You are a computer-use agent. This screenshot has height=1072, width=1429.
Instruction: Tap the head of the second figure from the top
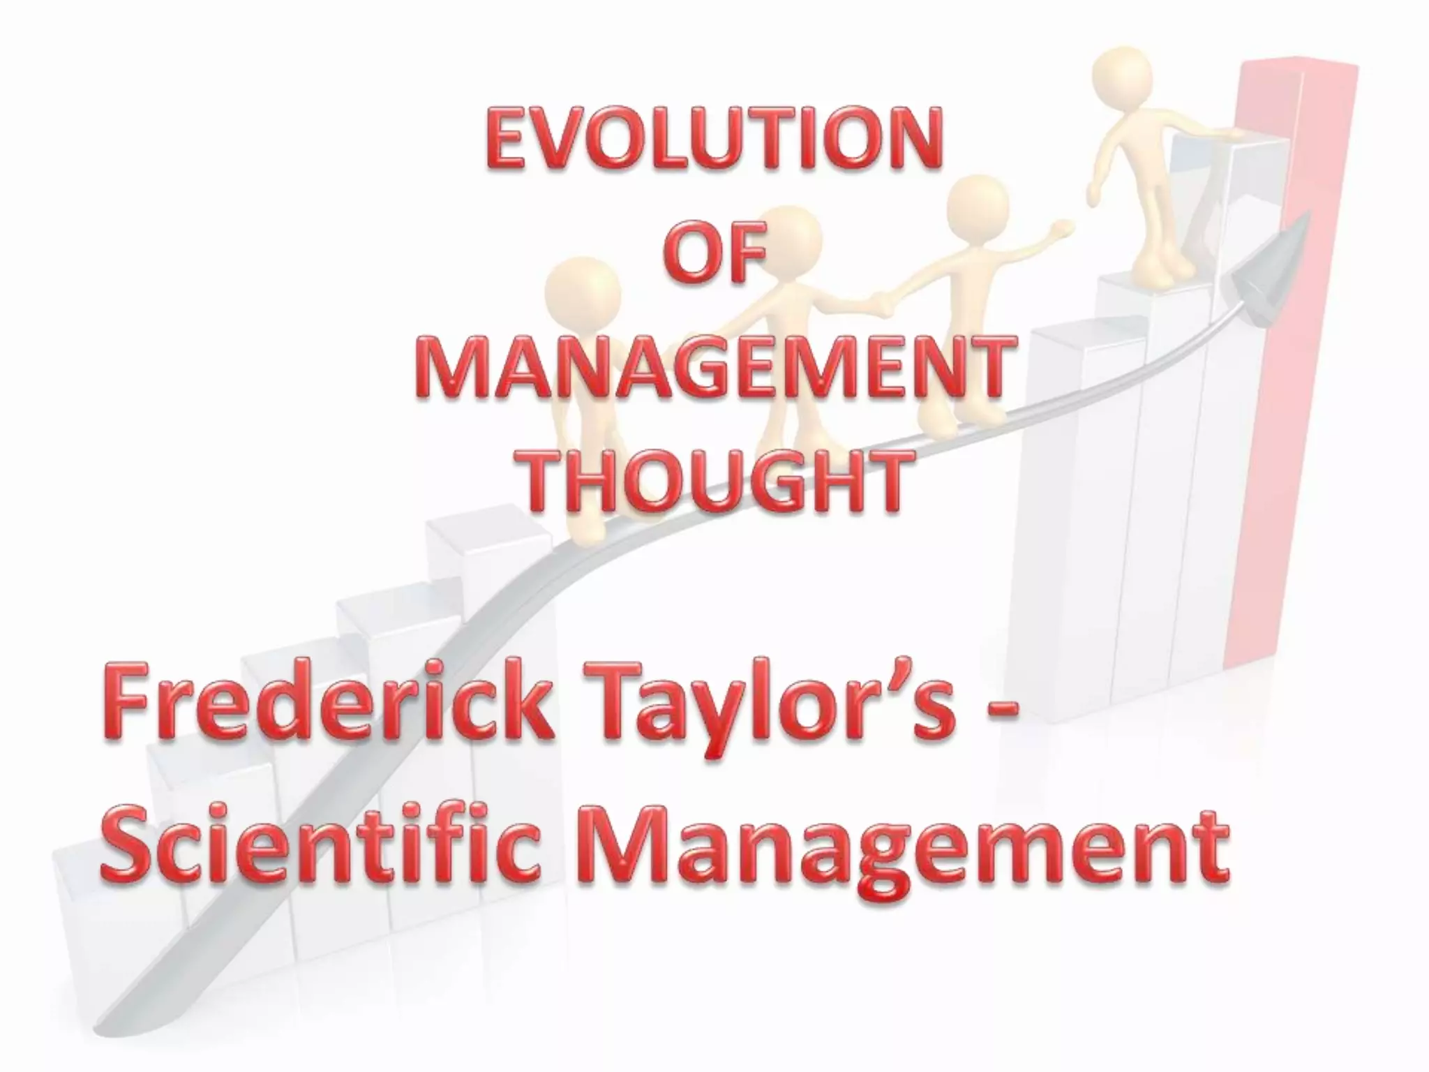(974, 205)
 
